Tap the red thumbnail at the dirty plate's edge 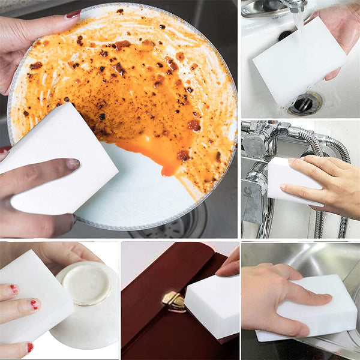pos(73,14)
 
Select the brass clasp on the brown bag pos(173,300)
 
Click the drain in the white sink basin pos(305,103)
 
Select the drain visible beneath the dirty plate pos(180,225)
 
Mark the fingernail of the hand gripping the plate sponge pos(73,163)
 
